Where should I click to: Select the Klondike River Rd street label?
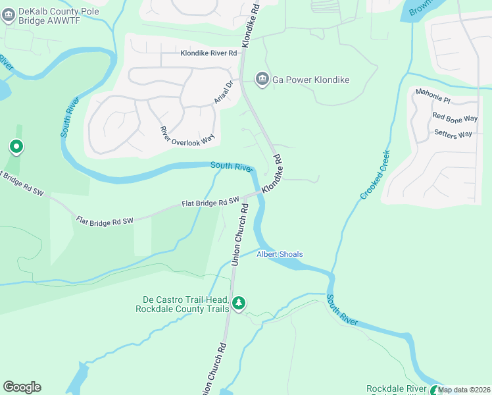coord(209,53)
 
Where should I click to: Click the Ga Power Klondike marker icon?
coord(262,80)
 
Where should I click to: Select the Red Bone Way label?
coord(455,117)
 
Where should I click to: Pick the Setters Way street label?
coord(453,134)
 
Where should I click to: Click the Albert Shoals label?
coord(280,254)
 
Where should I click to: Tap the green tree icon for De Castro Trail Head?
coord(239,303)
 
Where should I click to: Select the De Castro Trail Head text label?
coord(182,303)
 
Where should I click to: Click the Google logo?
coord(22,387)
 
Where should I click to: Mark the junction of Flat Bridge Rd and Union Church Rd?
coord(245,197)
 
